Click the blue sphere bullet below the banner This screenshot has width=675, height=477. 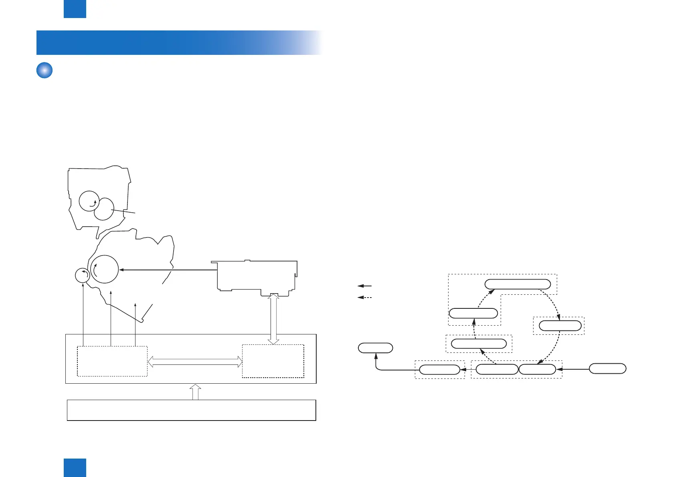coord(44,70)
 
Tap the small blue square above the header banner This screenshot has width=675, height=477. coord(75,9)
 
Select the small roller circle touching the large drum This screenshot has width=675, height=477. coord(83,275)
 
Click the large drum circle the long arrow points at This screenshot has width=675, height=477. coord(105,269)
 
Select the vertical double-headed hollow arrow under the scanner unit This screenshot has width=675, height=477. coord(273,318)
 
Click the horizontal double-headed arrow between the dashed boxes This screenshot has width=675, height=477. coord(195,362)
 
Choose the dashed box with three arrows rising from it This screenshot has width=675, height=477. coord(112,361)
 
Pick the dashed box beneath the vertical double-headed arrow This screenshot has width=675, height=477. coord(273,361)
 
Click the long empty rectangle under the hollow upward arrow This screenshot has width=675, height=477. coord(191,410)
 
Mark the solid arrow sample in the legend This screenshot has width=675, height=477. coord(364,286)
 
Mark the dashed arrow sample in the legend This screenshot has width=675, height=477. coord(364,298)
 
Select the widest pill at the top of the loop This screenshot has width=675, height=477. coord(517,284)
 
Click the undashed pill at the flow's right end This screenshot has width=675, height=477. coord(607,368)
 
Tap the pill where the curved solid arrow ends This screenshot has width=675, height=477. coord(375,348)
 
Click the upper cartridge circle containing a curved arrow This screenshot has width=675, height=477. coord(89,201)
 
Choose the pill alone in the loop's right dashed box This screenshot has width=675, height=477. coord(560,326)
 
